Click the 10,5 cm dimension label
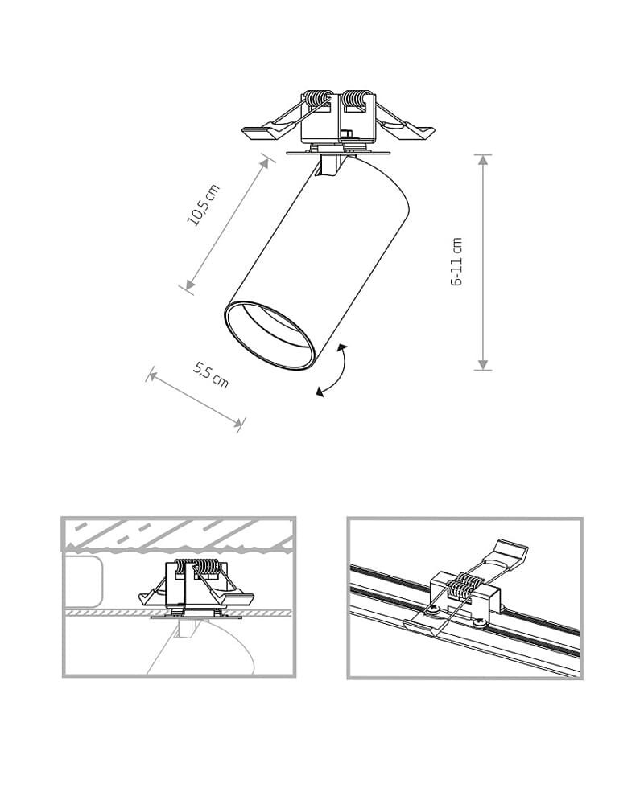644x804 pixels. point(203,204)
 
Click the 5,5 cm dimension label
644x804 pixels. point(211,375)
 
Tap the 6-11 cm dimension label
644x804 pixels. point(456,261)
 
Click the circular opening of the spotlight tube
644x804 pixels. point(269,334)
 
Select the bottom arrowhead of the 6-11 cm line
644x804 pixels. point(482,364)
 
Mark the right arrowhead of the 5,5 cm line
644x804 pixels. point(237,422)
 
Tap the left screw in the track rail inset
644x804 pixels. point(432,609)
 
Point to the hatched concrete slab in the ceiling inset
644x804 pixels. point(179,535)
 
